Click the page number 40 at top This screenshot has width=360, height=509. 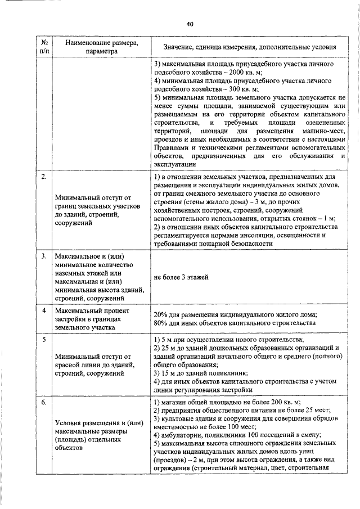190,24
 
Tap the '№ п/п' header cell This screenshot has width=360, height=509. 43,47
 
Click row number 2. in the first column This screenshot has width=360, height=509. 43,178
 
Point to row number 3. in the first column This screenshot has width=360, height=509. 43,256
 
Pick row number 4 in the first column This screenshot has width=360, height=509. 43,310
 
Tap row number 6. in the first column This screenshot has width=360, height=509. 43,403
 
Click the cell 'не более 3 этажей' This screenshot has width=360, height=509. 181,277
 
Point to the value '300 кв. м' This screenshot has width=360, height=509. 241,89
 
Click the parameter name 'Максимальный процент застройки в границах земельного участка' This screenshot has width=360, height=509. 93,318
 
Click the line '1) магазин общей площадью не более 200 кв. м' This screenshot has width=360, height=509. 227,402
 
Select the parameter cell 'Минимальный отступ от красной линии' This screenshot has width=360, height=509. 93,364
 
